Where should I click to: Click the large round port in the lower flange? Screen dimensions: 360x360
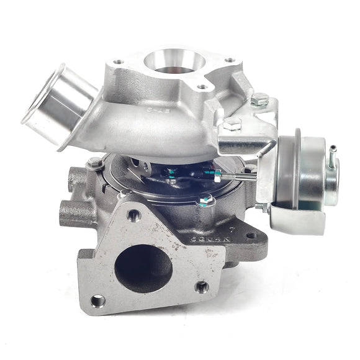click(143, 268)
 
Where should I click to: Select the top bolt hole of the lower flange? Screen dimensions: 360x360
click(133, 215)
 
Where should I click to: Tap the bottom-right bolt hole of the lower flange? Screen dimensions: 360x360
click(201, 287)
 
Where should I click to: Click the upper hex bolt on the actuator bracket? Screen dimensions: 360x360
click(259, 99)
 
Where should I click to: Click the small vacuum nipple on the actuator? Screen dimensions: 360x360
click(333, 156)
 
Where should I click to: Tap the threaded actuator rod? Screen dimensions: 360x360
click(239, 179)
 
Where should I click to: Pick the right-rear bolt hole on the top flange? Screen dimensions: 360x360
click(230, 60)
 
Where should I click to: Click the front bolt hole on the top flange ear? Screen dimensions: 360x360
click(201, 87)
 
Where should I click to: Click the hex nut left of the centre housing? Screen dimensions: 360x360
click(94, 163)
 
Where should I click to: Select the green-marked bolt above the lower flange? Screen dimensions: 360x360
click(205, 200)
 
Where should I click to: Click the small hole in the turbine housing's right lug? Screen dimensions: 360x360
click(250, 235)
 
